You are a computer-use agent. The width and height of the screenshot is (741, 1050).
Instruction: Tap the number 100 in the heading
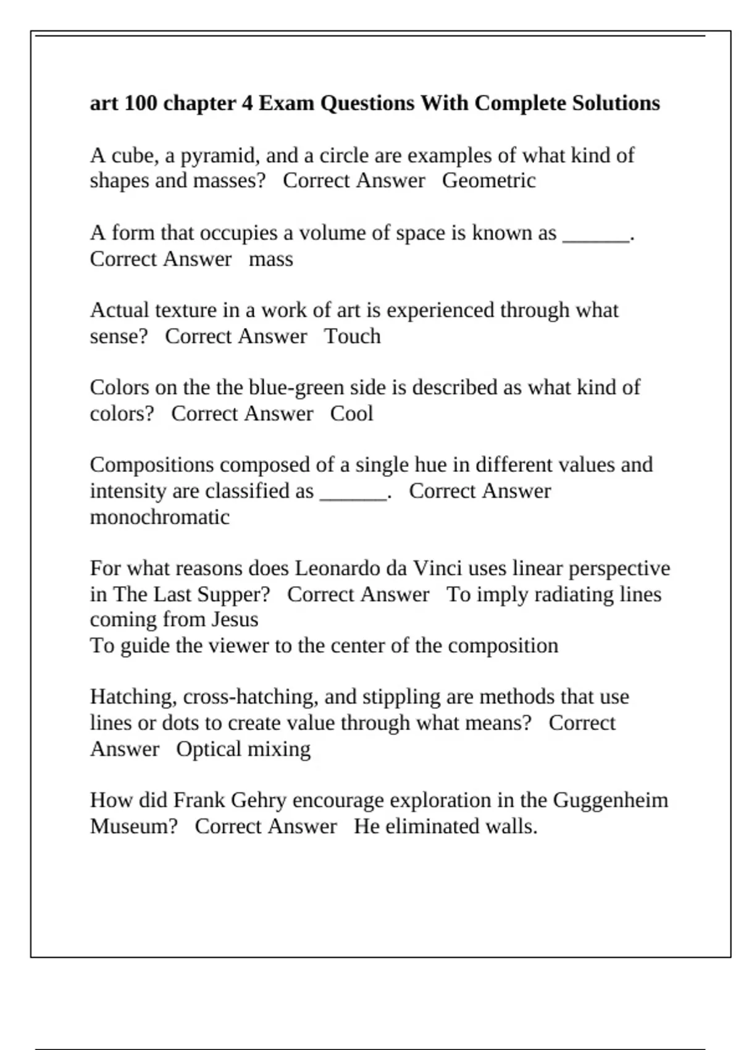click(140, 103)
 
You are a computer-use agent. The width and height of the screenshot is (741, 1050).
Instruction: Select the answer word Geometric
click(488, 181)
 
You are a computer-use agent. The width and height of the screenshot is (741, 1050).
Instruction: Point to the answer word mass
click(270, 259)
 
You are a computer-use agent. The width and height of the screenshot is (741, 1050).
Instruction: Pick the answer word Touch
click(353, 337)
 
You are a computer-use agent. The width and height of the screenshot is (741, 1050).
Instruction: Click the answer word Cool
click(351, 414)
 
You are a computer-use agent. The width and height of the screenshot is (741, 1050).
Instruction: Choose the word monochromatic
click(159, 517)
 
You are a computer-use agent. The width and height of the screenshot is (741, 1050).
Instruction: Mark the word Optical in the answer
click(208, 749)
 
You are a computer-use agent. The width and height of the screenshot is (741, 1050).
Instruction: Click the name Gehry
click(258, 800)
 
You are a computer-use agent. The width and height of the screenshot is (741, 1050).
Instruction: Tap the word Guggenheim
click(610, 800)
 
